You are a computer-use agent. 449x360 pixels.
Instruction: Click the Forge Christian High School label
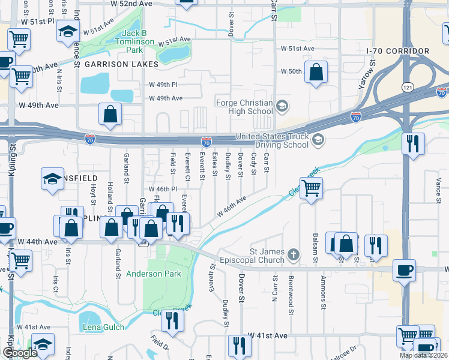[243, 106]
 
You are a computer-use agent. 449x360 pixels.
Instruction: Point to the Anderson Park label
[153, 274]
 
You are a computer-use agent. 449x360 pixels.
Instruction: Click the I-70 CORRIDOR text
[398, 51]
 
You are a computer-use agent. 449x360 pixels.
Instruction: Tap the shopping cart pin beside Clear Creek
[312, 188]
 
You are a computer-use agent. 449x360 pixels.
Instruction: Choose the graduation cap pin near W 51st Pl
[68, 31]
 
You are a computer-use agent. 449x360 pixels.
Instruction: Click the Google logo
[20, 353]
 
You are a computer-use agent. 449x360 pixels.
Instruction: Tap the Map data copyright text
[423, 356]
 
